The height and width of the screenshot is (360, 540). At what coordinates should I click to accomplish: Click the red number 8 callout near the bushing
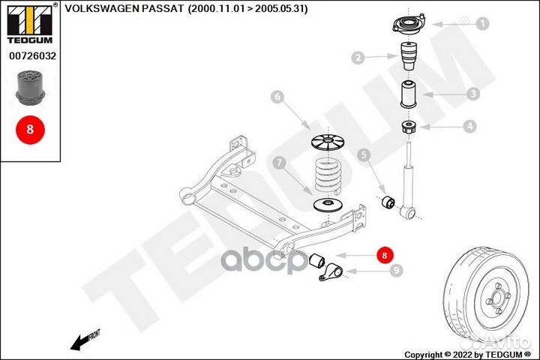click(x=385, y=255)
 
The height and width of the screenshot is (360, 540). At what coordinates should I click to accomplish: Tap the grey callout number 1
click(x=483, y=23)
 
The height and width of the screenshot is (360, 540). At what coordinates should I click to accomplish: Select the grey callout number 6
click(x=277, y=97)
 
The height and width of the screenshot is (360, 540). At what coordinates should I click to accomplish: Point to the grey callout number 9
click(x=397, y=271)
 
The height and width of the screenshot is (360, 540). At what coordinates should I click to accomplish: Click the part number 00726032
click(x=32, y=55)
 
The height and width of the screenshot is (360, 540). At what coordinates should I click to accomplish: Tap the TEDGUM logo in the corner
click(x=30, y=24)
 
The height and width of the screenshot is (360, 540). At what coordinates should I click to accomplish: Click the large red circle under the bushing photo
click(x=30, y=130)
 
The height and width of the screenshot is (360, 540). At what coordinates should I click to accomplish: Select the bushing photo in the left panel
click(x=30, y=87)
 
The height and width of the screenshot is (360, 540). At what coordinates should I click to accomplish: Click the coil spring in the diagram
click(x=328, y=175)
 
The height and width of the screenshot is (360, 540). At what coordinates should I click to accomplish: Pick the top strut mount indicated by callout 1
click(x=409, y=24)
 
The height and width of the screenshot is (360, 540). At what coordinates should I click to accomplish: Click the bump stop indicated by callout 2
click(x=409, y=55)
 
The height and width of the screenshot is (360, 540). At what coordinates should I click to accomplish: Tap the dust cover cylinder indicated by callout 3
click(x=408, y=94)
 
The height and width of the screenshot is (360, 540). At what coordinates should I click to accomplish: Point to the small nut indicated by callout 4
click(x=409, y=127)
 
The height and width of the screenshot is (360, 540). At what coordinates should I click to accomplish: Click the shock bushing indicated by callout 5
click(x=388, y=202)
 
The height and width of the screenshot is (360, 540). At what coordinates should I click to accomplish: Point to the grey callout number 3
click(x=473, y=93)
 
